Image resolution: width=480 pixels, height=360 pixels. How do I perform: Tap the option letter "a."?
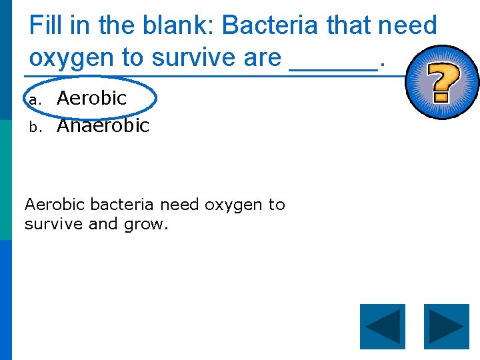[35, 100]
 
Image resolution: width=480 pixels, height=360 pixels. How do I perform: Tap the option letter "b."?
[35, 127]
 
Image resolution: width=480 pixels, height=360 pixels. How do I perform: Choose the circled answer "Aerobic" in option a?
[92, 99]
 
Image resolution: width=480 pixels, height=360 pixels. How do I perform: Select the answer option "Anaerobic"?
[103, 125]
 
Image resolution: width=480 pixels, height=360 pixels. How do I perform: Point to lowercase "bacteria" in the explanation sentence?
[122, 205]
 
